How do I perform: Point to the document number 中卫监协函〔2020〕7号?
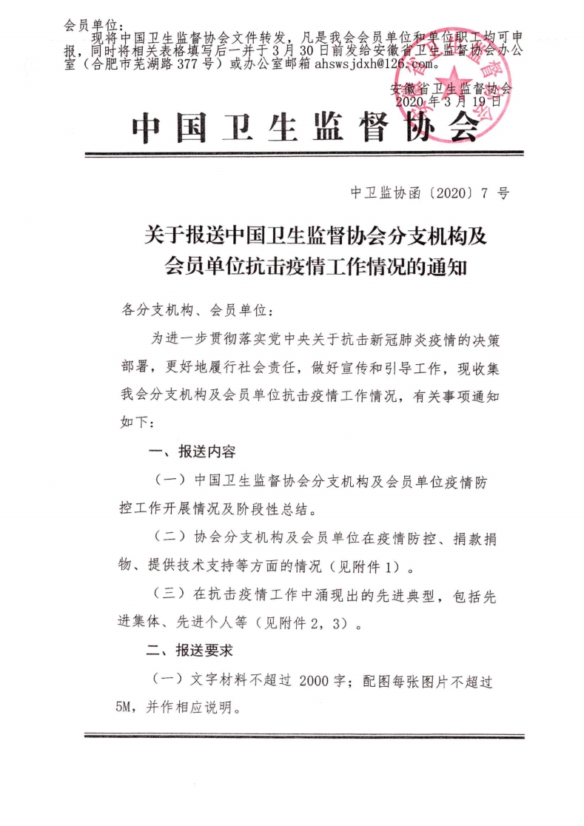click(x=429, y=194)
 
